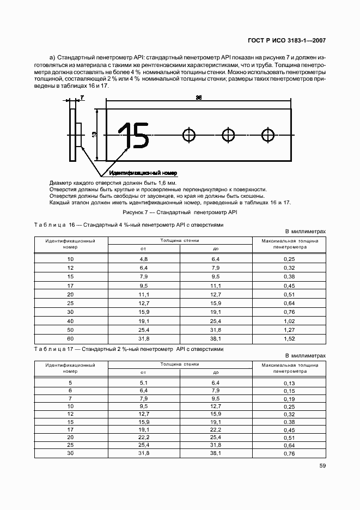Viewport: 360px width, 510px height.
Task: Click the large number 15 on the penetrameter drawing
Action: pyautogui.click(x=133, y=135)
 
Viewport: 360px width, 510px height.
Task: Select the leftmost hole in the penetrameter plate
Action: pyautogui.click(x=189, y=135)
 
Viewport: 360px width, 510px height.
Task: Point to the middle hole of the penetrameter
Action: pyautogui.click(x=228, y=135)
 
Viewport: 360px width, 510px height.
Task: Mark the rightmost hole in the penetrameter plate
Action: pyautogui.click(x=267, y=135)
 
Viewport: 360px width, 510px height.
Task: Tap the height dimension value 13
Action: pyautogui.click(x=94, y=134)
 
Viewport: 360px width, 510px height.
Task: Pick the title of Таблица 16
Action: pyautogui.click(x=128, y=224)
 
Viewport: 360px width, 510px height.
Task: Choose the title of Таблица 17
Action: pyautogui.click(x=128, y=349)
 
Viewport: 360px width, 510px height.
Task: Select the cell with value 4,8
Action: pyautogui.click(x=144, y=258)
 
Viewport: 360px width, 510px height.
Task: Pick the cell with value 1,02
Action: pyautogui.click(x=289, y=321)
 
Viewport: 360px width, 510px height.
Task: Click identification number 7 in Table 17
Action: pyautogui.click(x=70, y=398)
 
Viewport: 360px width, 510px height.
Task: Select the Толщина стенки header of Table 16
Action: pyautogui.click(x=179, y=240)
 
